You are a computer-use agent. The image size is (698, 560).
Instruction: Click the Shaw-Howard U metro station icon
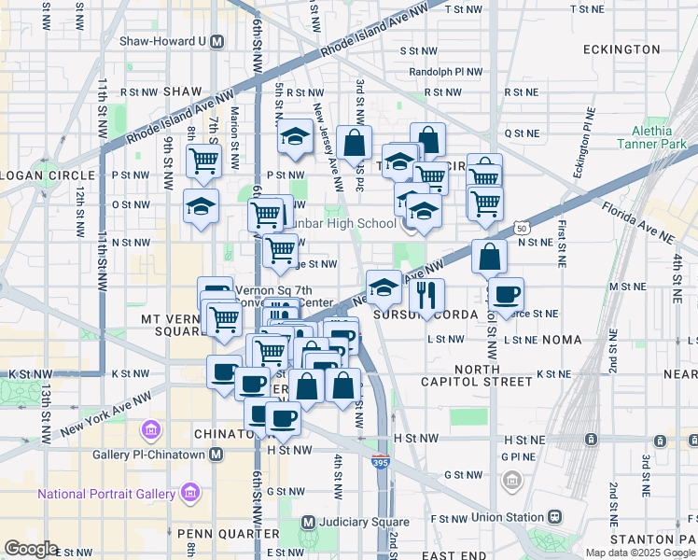pyautogui.click(x=216, y=41)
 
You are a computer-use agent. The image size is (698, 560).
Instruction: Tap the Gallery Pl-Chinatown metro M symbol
pyautogui.click(x=216, y=454)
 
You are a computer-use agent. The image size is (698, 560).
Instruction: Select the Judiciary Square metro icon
pyautogui.click(x=308, y=522)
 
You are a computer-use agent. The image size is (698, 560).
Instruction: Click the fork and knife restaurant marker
pyautogui.click(x=426, y=296)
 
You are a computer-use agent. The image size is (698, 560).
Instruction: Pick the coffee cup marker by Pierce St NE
pyautogui.click(x=506, y=294)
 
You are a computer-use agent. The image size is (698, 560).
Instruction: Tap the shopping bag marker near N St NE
pyautogui.click(x=489, y=256)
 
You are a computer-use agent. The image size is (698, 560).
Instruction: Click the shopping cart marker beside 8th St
pyautogui.click(x=202, y=160)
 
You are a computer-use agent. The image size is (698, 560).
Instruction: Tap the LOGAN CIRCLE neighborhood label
pyautogui.click(x=47, y=175)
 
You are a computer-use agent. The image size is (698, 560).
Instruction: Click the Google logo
pyautogui.click(x=31, y=549)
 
